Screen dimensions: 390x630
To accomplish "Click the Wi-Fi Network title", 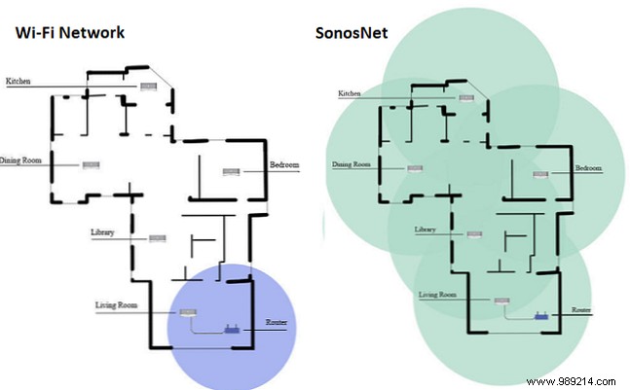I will tap(69, 32).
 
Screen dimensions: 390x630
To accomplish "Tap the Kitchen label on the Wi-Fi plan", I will tap(20, 80).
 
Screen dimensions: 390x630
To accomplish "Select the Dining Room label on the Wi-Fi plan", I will tap(21, 165).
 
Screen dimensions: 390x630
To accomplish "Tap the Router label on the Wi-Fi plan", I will tap(276, 321).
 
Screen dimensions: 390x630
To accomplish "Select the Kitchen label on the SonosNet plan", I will tap(351, 94).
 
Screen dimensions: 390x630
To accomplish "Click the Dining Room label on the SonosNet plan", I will tap(352, 164).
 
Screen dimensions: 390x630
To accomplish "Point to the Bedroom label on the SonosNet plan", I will tap(588, 168).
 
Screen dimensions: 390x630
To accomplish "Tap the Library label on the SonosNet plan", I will tap(425, 230).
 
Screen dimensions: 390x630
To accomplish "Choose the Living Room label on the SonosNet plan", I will tap(437, 293).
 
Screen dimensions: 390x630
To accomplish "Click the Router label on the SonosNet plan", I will tap(581, 310).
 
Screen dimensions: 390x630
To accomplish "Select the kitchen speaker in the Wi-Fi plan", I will tap(148, 86).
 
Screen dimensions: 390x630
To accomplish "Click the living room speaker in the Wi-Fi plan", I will tap(189, 313).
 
